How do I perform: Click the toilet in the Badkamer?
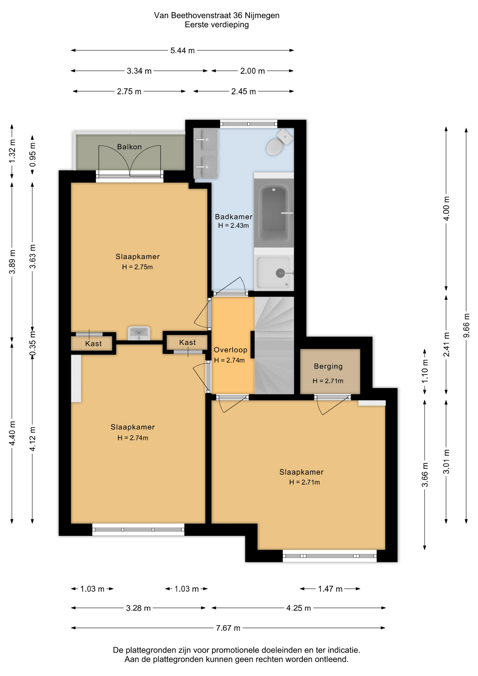[x=279, y=142]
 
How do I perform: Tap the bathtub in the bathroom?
[x=274, y=211]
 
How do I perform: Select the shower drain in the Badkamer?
[x=280, y=273]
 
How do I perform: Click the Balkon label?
[x=129, y=147]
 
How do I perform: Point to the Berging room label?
[x=328, y=366]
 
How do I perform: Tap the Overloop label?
[x=231, y=350]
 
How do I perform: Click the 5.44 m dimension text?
[x=182, y=50]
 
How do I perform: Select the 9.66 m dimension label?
[x=466, y=325]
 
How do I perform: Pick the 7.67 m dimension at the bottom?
[x=228, y=628]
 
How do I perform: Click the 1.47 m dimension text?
[x=330, y=589]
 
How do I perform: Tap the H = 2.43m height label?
[x=233, y=226]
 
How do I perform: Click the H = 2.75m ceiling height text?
[x=137, y=267]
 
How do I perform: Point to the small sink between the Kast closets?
[x=139, y=333]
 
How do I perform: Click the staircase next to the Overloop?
[x=274, y=345]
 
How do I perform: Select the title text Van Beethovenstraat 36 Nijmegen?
[x=217, y=15]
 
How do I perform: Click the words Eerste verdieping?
[x=217, y=25]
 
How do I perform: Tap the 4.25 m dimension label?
[x=298, y=608]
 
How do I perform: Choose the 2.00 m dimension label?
[x=252, y=71]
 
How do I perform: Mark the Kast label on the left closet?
[x=93, y=344]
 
